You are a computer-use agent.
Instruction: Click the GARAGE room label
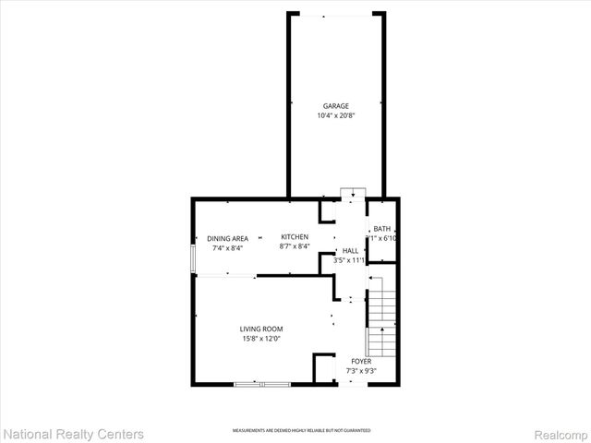[335, 106]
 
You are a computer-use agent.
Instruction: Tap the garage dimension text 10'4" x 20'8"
[335, 115]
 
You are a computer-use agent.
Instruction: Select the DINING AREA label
[227, 238]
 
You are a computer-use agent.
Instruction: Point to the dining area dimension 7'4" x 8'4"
[227, 247]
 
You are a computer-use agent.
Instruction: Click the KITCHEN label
[295, 238]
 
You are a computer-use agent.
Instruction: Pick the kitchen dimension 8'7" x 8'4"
[295, 247]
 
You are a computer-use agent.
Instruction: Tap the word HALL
[350, 251]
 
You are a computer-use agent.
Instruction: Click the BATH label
[382, 229]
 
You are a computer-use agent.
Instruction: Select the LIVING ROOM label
[261, 329]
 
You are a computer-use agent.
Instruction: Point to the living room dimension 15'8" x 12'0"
[261, 339]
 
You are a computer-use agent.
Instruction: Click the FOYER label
[361, 362]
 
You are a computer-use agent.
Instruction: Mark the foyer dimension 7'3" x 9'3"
[361, 371]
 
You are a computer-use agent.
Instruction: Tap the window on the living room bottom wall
[261, 384]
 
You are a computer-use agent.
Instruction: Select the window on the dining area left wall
[193, 258]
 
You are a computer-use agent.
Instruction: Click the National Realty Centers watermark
[74, 433]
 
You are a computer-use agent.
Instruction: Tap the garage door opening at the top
[335, 13]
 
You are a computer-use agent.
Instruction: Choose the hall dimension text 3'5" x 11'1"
[351, 261]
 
